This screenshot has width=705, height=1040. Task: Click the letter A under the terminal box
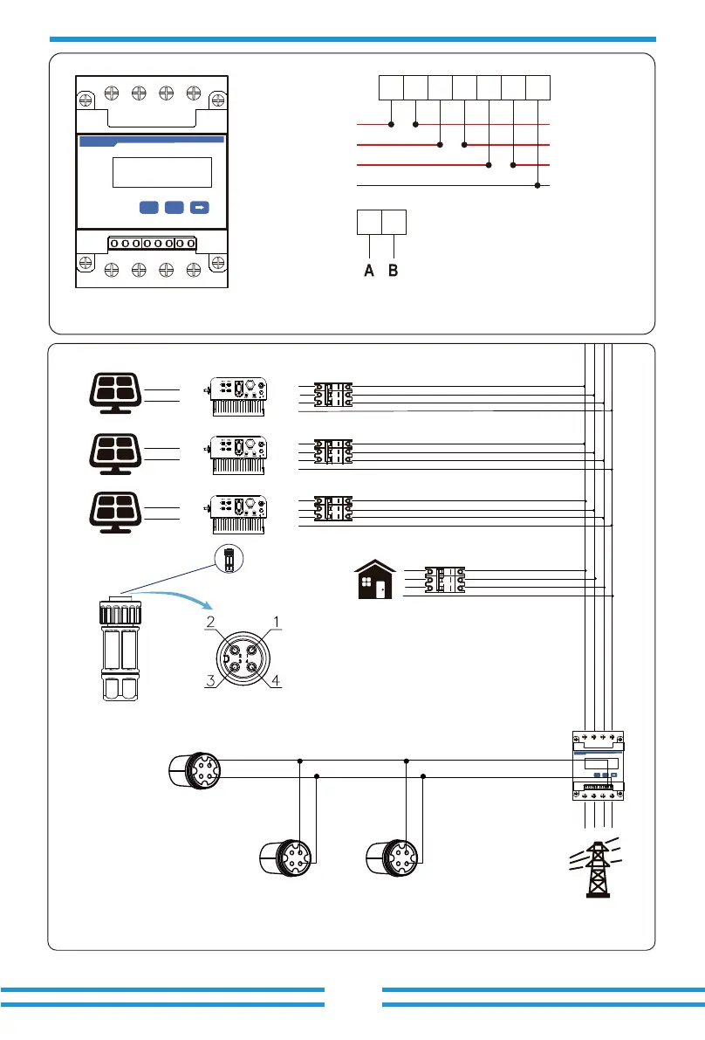point(369,271)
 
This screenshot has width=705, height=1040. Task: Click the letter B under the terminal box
point(394,271)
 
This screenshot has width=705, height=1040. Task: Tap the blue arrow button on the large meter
point(200,208)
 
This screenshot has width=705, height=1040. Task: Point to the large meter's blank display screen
point(163,172)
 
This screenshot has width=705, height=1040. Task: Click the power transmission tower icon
point(598,868)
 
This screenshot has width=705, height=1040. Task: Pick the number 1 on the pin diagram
point(277,623)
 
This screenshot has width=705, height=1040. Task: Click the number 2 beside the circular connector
point(210,623)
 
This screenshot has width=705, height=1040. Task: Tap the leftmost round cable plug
point(194,768)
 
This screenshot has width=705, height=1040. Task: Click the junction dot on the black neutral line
point(538,185)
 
